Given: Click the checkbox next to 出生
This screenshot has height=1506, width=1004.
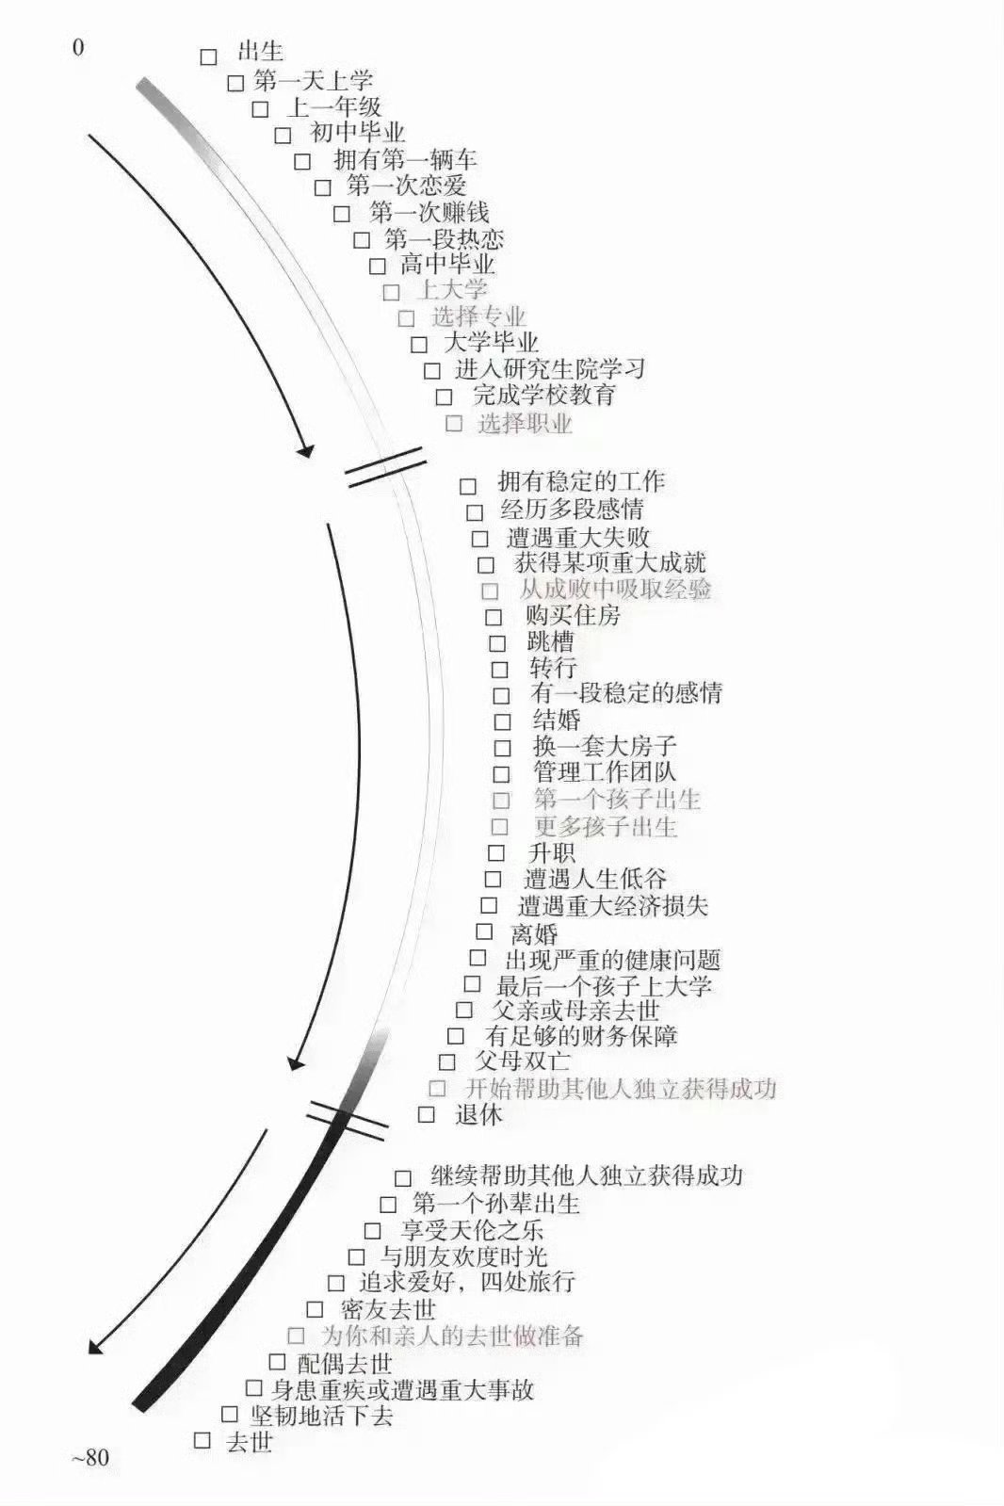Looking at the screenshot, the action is [x=208, y=57].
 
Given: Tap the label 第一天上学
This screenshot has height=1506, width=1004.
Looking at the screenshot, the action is [x=313, y=81].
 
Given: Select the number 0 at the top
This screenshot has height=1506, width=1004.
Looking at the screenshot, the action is [x=79, y=48].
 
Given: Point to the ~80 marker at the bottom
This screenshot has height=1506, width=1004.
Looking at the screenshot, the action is [x=90, y=1457].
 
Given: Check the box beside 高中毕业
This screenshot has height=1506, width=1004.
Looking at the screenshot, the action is [x=378, y=267].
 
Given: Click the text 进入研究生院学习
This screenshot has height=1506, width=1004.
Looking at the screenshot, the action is [x=550, y=368].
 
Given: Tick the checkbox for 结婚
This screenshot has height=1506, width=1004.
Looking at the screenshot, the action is [x=502, y=721].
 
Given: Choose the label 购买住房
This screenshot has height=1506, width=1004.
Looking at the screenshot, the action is [x=573, y=615].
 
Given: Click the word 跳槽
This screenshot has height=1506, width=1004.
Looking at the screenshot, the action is [x=551, y=641].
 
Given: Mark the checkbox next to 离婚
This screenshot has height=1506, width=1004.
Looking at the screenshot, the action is [x=484, y=931].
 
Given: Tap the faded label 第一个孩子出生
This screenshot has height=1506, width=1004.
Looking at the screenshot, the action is [x=617, y=799].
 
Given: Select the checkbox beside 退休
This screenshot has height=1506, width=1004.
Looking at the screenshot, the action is [x=426, y=1114].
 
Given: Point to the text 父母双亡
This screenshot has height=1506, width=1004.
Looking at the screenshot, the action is [x=523, y=1061].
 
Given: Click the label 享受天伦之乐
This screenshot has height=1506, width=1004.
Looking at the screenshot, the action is [x=472, y=1230].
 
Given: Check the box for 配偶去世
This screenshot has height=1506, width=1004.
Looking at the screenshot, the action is [x=277, y=1362].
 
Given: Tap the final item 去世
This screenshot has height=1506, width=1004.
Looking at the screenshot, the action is [x=250, y=1441].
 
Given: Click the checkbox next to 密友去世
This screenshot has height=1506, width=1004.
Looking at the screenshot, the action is [x=315, y=1309].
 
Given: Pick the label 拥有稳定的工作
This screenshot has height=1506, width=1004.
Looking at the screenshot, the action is [x=582, y=481].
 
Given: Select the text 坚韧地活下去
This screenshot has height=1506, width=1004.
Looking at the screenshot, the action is [x=321, y=1416].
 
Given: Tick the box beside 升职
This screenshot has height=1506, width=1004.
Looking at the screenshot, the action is [x=495, y=852].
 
